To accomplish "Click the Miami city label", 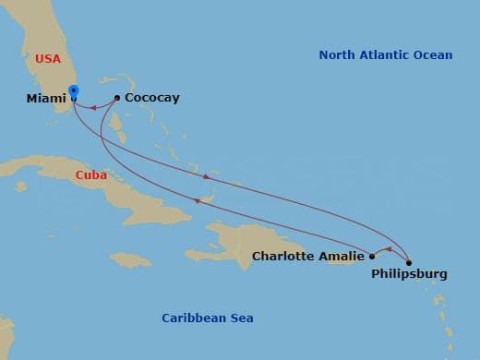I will [46, 98].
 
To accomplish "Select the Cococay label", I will [152, 98].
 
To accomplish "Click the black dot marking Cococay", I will [117, 98].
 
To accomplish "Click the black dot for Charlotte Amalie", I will [372, 256].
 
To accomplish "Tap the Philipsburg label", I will [409, 274].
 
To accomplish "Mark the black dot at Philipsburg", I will [409, 262].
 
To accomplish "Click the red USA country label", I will [48, 59].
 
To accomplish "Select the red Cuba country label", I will [91, 174].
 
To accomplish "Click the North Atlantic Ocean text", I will [386, 55].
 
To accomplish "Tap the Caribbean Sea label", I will [208, 318].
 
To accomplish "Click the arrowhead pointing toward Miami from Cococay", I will [94, 109].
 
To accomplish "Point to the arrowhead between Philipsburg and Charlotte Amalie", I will [389, 249].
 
